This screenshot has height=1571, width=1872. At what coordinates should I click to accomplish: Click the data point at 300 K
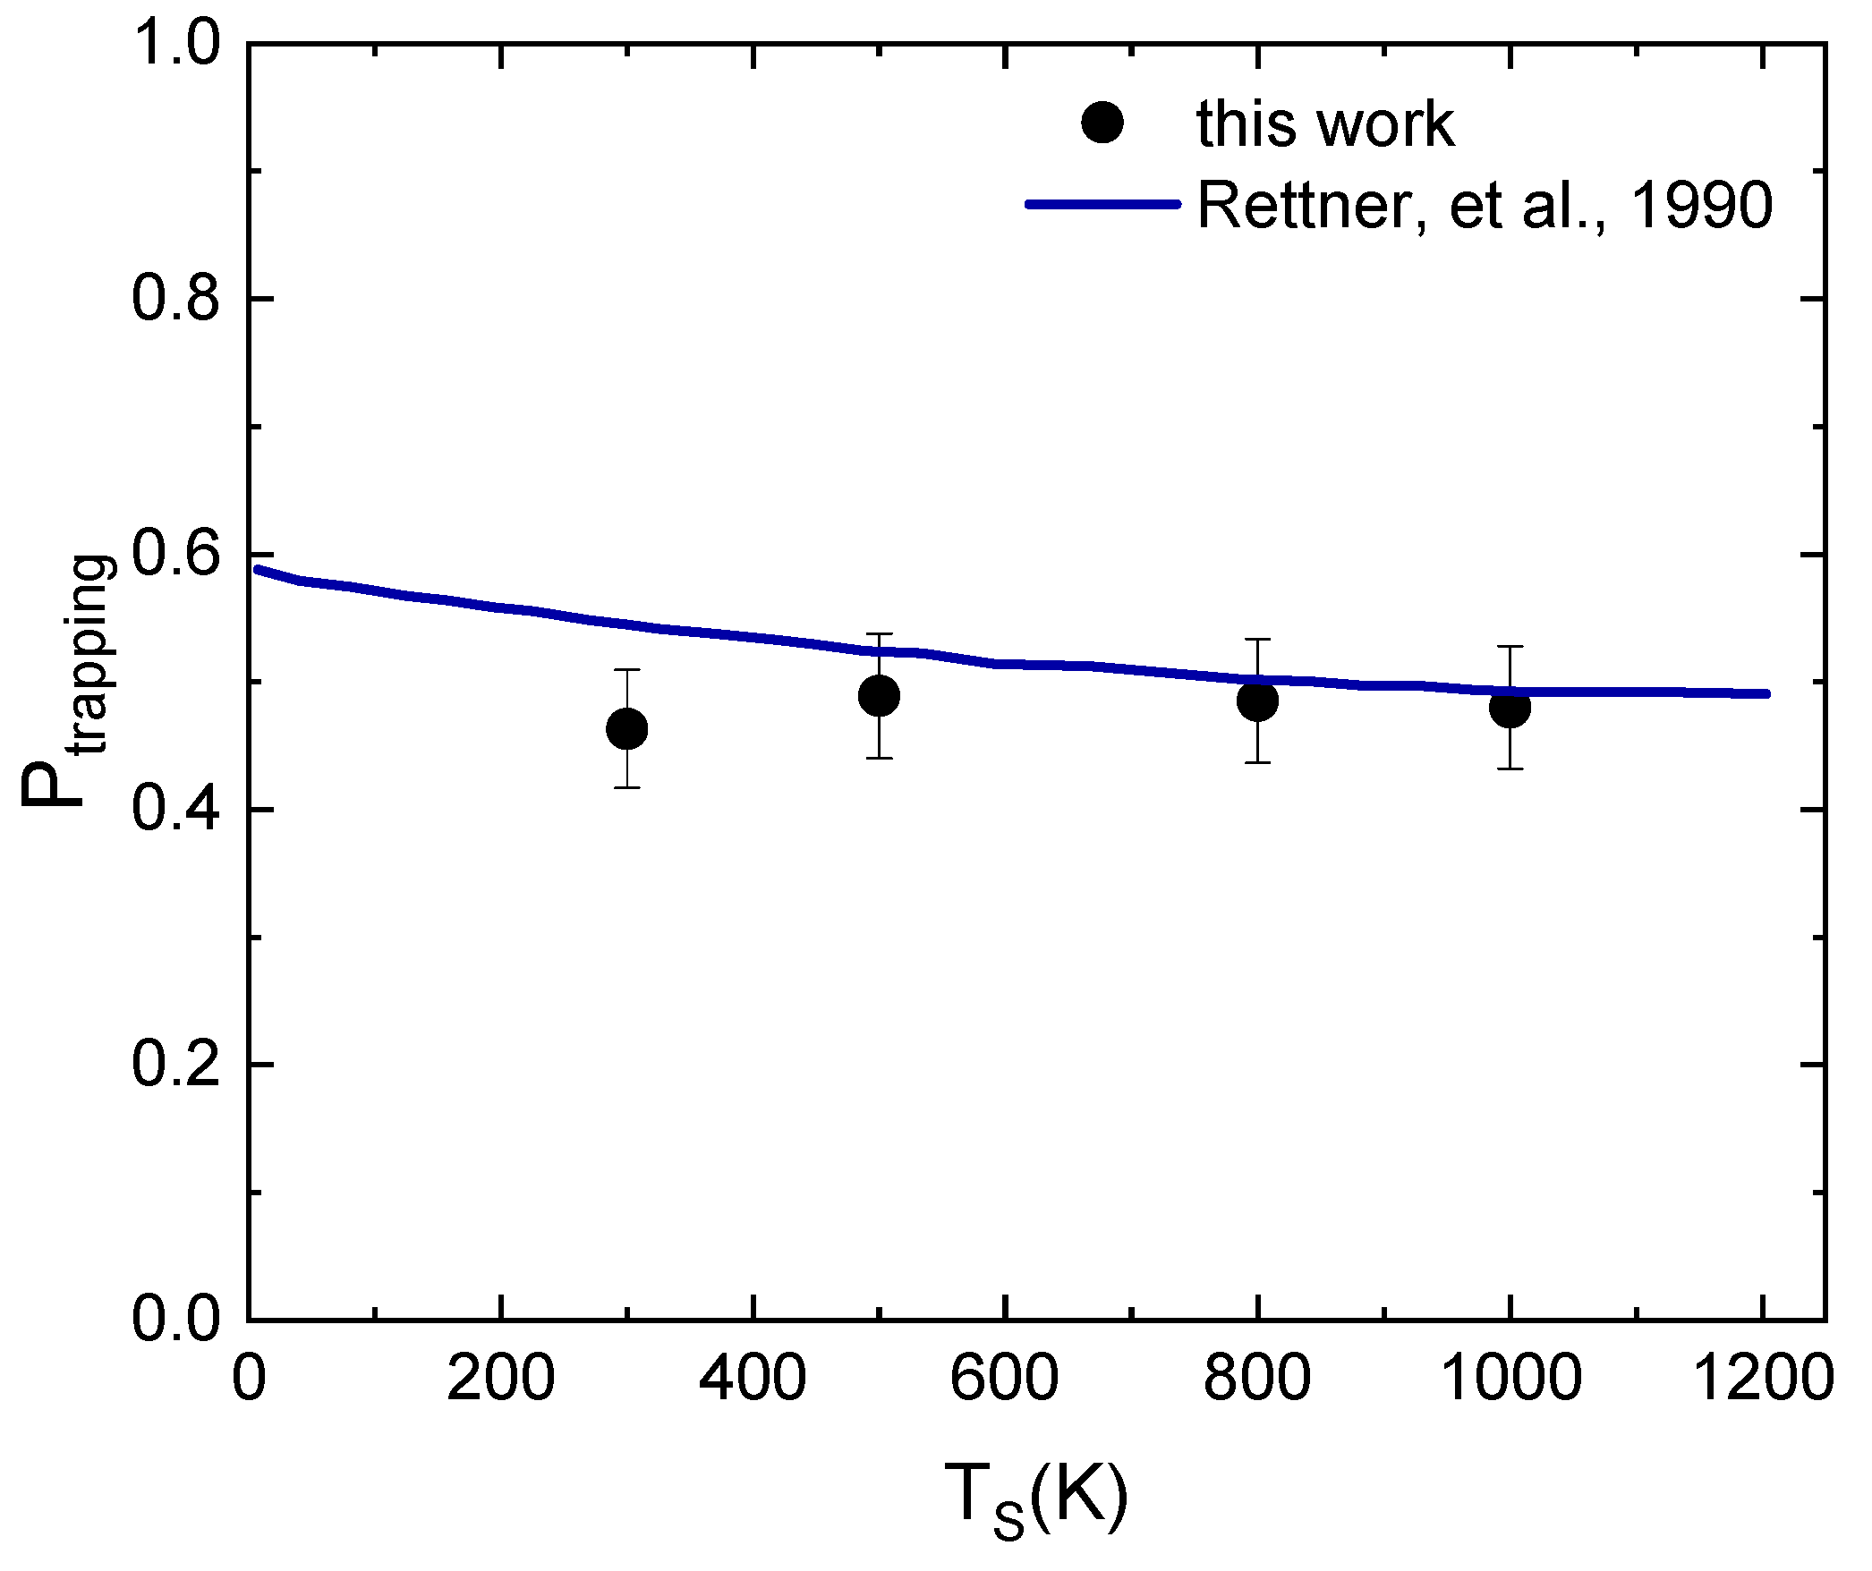click(x=626, y=729)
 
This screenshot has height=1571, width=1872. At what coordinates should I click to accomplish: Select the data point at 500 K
click(x=879, y=695)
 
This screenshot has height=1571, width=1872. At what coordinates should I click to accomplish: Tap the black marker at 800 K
click(x=1257, y=701)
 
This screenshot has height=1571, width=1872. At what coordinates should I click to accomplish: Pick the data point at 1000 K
click(x=1510, y=708)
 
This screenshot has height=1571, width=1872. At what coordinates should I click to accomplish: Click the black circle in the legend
click(x=1102, y=123)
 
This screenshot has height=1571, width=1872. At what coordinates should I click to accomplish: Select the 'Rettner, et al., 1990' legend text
click(x=1485, y=205)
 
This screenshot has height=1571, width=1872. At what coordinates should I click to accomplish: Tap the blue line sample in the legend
click(x=1102, y=204)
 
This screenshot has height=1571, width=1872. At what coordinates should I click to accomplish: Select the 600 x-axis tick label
click(x=1005, y=1378)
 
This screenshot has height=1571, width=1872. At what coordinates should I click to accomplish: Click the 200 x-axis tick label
click(x=501, y=1378)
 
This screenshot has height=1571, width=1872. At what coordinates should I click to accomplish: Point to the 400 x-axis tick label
click(x=753, y=1378)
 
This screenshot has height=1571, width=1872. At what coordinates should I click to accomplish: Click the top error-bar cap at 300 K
click(x=626, y=669)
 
